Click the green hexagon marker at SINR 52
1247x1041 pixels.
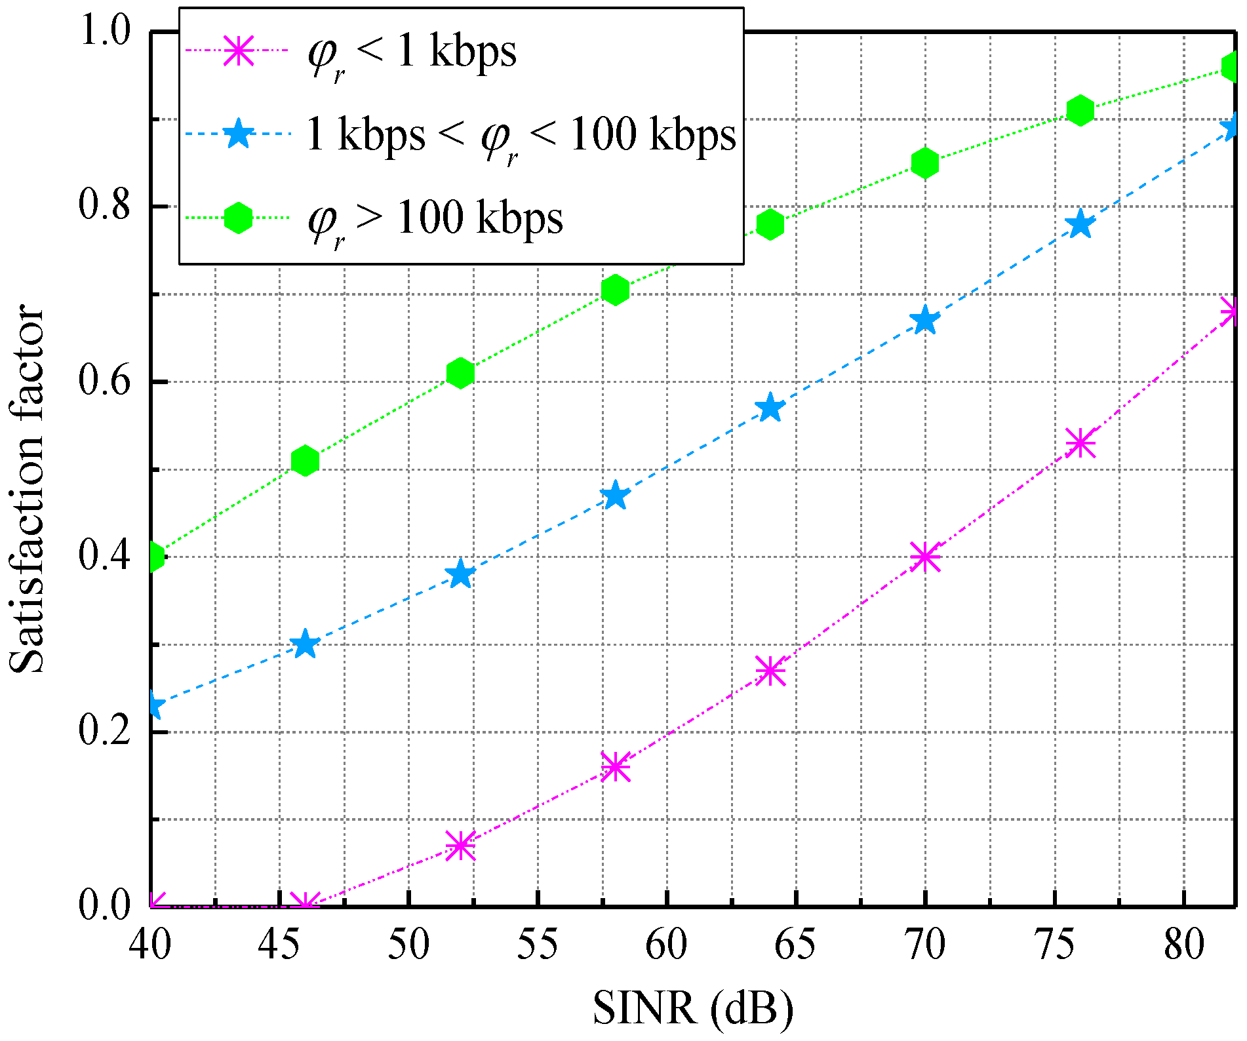pyautogui.click(x=460, y=373)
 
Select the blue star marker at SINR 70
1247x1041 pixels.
pyautogui.click(x=925, y=321)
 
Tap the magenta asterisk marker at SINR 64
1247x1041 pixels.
pyautogui.click(x=770, y=671)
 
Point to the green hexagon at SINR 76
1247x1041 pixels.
pyautogui.click(x=1080, y=110)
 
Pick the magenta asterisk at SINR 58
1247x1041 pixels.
pyautogui.click(x=615, y=766)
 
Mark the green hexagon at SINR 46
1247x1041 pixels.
pyautogui.click(x=305, y=461)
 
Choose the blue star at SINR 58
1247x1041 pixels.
pyautogui.click(x=615, y=496)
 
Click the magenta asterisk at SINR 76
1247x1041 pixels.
pyautogui.click(x=1080, y=443)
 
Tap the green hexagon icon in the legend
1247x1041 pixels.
pyautogui.click(x=238, y=218)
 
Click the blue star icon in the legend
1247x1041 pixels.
pyautogui.click(x=238, y=134)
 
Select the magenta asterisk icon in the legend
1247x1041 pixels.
pyautogui.click(x=238, y=50)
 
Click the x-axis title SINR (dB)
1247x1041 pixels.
pyautogui.click(x=693, y=1008)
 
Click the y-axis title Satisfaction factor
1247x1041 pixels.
pyautogui.click(x=28, y=488)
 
